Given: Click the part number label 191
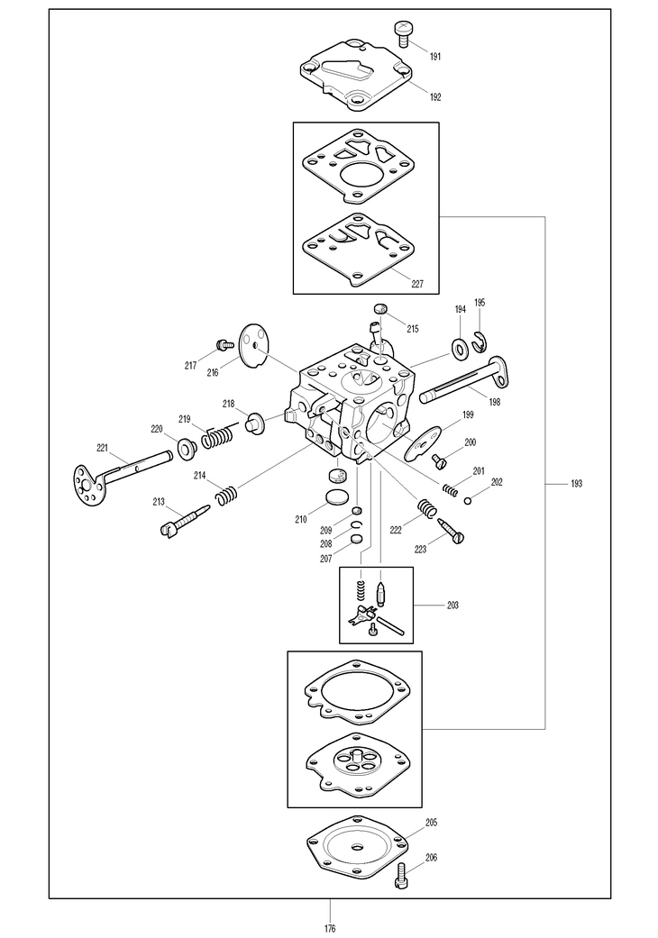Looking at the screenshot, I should (435, 57).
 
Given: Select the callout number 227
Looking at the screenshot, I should (417, 283).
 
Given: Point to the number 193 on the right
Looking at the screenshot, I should (577, 484).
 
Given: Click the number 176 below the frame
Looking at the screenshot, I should (330, 928).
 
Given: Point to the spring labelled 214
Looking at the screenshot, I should (227, 495).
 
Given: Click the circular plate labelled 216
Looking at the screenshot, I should (254, 348).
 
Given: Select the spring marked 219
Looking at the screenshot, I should (216, 438).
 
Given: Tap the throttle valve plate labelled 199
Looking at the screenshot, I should (422, 442).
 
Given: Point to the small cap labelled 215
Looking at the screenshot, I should (380, 311).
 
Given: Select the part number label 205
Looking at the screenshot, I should (432, 823).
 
